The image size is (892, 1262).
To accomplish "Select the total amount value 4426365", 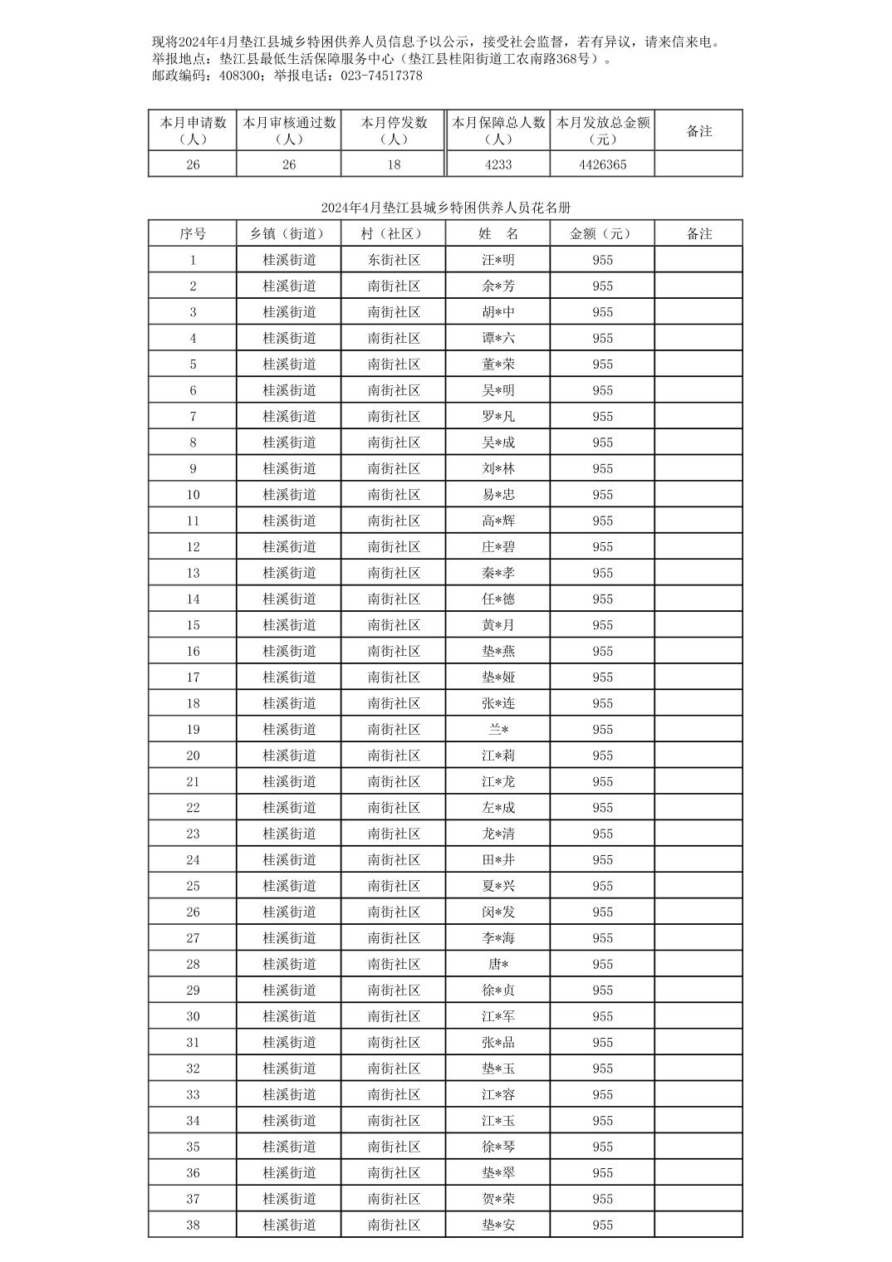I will pos(602,164).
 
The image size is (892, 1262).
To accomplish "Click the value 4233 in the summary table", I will pos(497,164).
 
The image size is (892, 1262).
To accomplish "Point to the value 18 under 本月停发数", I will pos(394,164).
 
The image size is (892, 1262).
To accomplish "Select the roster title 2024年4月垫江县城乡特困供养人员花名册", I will pos(445,208).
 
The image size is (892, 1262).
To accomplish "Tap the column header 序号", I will pos(193,234).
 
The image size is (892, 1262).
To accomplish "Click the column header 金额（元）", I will pos(602,234).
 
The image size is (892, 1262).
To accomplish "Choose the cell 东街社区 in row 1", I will pos(394,260).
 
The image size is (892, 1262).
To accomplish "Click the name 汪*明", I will pos(498,260).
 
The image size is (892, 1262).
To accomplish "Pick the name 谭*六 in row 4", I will pos(498,338).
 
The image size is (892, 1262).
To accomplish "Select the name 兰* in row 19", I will pos(498,730).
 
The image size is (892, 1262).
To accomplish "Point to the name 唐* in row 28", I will pos(498,964).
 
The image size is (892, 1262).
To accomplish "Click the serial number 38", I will pos(193,1225).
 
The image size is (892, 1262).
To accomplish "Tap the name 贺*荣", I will pos(498,1199).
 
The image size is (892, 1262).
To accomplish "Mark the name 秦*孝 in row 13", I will pos(498,573).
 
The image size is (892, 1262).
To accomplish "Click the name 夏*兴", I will pos(498,886).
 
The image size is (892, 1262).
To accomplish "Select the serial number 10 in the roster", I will pos(193,495).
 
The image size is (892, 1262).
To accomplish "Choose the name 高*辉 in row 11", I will pos(498,521).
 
